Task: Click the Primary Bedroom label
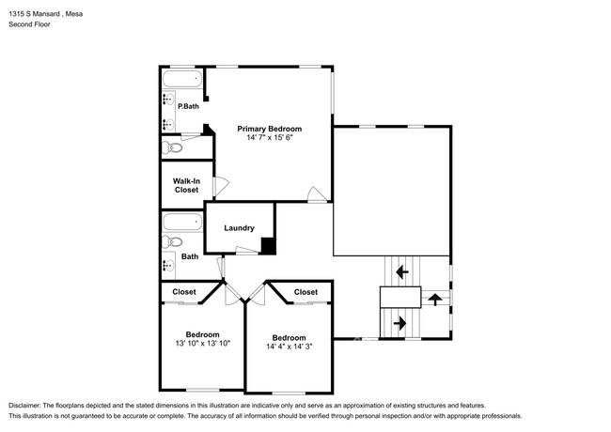[269, 129]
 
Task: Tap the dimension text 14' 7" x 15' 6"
[269, 137]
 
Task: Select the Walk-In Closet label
[186, 185]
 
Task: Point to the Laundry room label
[239, 228]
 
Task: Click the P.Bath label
[188, 106]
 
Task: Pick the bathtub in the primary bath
[182, 79]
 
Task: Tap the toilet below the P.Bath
[172, 147]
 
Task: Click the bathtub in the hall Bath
[182, 223]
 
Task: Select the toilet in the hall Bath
[172, 241]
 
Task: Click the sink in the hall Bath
[168, 266]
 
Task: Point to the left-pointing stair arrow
[401, 271]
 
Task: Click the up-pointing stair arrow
[435, 300]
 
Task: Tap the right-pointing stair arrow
[400, 323]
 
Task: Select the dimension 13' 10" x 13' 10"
[203, 344]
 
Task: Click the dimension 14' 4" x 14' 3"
[290, 347]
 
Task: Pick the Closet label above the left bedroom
[184, 292]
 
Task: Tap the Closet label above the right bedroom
[305, 292]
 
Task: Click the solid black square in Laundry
[268, 245]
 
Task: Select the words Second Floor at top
[30, 24]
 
